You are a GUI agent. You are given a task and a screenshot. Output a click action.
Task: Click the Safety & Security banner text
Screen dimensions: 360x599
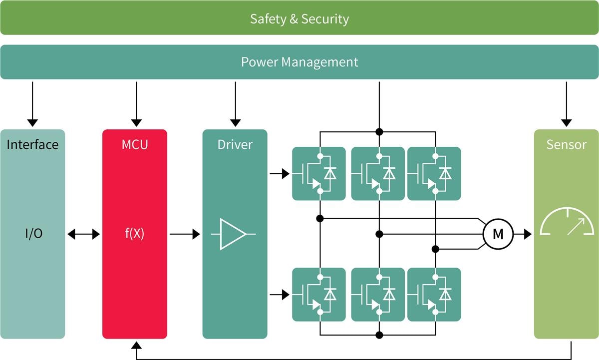click(299, 19)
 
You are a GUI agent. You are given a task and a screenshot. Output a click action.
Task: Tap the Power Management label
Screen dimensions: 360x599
click(299, 62)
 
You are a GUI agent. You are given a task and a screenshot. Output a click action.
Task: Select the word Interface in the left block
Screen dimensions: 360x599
click(32, 145)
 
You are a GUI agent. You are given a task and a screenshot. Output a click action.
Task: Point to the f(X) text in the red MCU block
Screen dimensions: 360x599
click(134, 234)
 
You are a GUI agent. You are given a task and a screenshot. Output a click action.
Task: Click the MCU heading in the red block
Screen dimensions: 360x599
click(134, 145)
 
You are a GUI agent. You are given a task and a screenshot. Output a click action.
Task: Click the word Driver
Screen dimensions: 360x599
click(235, 145)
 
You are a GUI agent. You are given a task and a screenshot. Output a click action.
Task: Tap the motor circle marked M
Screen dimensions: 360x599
click(498, 234)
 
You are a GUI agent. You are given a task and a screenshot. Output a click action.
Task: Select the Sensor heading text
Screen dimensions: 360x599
click(566, 145)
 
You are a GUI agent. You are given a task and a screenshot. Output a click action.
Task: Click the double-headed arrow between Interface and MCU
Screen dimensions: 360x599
click(83, 234)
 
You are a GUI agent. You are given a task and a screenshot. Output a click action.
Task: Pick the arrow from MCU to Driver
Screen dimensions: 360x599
click(184, 234)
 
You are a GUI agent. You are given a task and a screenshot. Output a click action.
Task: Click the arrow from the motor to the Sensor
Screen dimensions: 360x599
click(523, 234)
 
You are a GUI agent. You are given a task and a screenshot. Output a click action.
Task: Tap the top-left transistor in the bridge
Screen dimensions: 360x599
click(318, 173)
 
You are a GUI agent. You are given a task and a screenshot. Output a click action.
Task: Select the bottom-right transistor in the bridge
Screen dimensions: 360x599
click(434, 295)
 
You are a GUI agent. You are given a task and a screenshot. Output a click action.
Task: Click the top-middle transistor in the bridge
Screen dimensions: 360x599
click(378, 173)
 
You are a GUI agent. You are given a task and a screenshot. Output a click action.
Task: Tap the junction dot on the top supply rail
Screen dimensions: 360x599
click(379, 132)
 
